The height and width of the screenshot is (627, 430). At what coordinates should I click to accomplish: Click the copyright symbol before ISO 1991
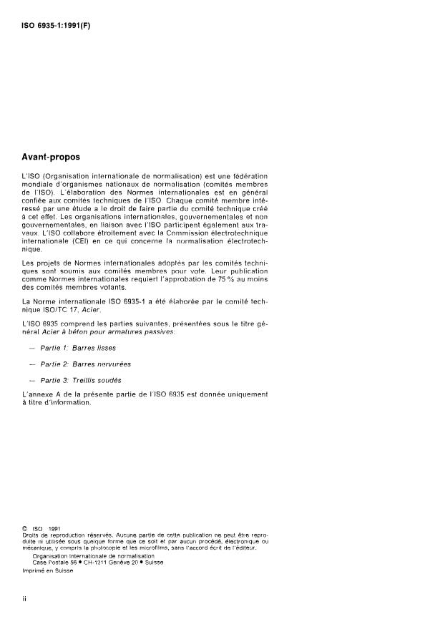click(26, 529)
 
